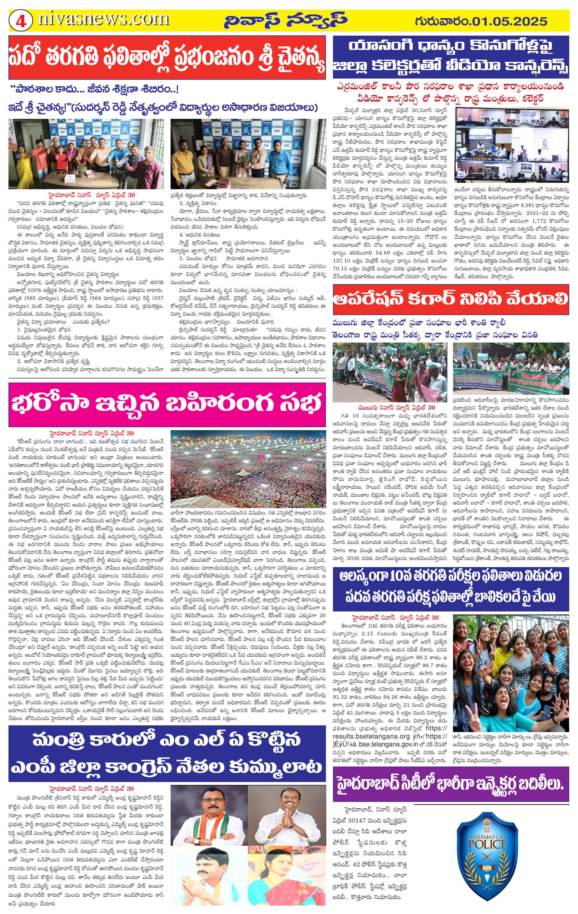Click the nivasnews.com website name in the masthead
tap(103, 19)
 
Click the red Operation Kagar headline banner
tap(450, 299)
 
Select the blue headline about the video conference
tap(450, 57)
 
